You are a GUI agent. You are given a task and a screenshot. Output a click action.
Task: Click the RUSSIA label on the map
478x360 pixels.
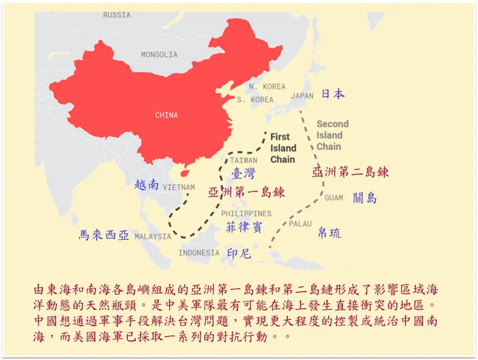coord(117,15)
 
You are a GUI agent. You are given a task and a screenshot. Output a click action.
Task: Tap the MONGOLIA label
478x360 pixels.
coord(159,55)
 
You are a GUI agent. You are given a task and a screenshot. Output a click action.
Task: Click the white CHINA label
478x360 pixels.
coord(167,116)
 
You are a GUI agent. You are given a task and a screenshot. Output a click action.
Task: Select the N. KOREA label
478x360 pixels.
coord(267,87)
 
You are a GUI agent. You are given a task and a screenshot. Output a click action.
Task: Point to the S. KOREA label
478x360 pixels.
coord(255,100)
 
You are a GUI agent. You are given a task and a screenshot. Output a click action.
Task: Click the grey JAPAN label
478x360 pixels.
coord(302,96)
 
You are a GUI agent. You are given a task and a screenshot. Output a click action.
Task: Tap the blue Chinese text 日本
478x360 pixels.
coord(333,94)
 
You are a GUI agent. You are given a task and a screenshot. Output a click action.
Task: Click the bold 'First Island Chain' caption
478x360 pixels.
coord(282,148)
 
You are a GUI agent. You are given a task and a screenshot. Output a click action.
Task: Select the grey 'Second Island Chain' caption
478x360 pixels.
coord(332,135)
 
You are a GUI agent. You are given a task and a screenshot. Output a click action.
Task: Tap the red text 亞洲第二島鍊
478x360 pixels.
coord(350,172)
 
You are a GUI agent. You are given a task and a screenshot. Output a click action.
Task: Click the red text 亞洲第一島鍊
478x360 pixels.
coord(246,192)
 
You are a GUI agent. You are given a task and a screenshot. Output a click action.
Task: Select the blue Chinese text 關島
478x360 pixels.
coord(365,198)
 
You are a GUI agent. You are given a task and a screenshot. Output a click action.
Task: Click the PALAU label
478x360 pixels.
coord(300,224)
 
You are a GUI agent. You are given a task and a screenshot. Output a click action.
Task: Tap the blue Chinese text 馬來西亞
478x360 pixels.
coord(103,235)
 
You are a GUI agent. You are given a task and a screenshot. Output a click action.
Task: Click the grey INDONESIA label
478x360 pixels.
coord(199,253)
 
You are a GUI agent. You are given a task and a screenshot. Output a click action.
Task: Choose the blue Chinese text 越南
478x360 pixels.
coord(146,185)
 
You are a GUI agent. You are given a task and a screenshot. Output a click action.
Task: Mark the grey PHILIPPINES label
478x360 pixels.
coord(246,213)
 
